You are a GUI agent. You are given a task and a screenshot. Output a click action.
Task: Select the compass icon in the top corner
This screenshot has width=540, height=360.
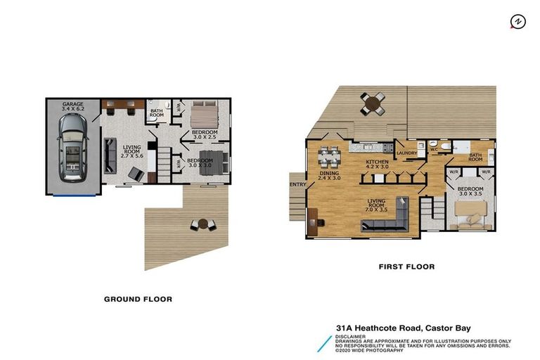coord(517,22)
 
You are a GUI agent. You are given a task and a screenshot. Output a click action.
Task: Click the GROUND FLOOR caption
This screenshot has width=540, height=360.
coord(138,299)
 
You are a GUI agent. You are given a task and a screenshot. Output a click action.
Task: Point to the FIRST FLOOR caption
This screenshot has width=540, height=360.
coord(406,267)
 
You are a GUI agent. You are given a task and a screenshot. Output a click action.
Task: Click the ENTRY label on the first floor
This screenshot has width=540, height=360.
coord(297,185)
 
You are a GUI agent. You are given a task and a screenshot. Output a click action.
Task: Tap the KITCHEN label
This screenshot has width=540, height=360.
coord(377,162)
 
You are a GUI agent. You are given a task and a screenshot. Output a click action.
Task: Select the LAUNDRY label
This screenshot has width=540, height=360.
coord(408,153)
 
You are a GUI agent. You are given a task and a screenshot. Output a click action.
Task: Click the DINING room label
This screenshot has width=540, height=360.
coord(329,173)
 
